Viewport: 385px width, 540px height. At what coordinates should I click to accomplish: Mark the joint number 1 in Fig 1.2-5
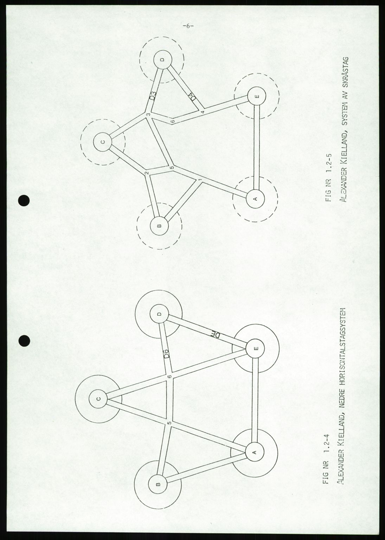[x=200, y=180]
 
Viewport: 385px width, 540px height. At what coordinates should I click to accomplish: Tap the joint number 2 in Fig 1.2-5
[x=146, y=173]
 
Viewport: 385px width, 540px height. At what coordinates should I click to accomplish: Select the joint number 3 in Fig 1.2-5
[x=149, y=115]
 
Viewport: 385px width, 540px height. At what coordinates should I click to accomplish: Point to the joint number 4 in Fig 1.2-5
[x=203, y=112]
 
